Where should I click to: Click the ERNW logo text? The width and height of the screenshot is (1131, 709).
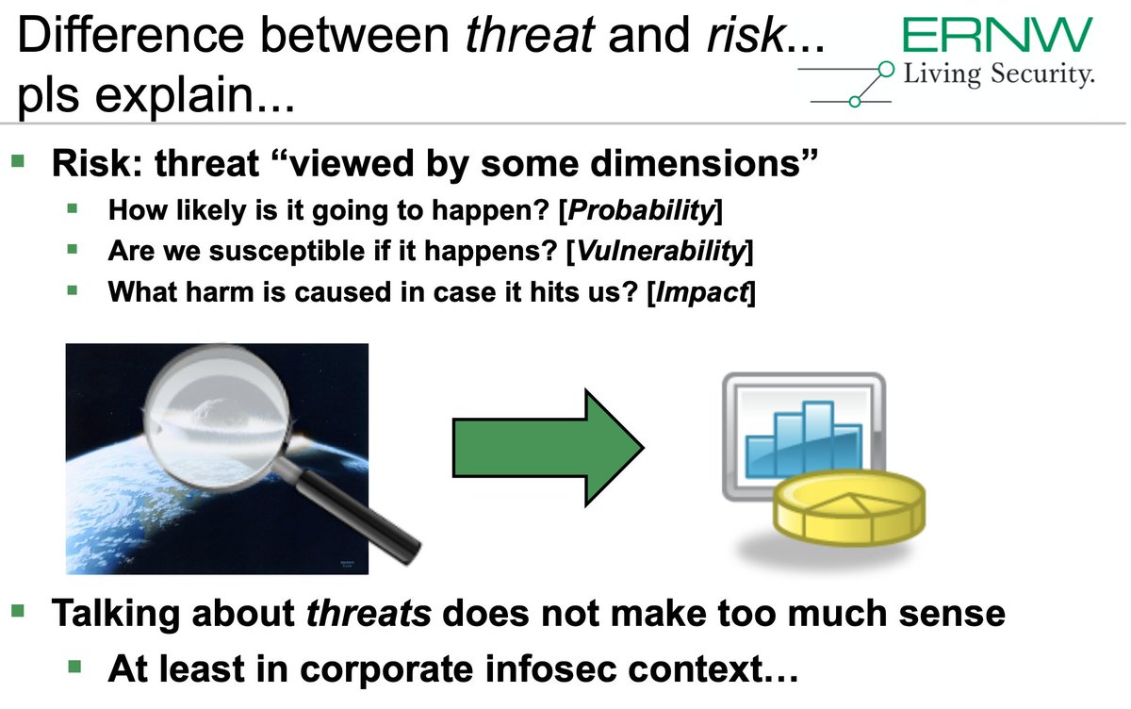click(997, 34)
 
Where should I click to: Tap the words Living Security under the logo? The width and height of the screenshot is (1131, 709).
click(999, 74)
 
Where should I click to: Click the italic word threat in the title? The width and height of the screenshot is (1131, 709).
click(530, 35)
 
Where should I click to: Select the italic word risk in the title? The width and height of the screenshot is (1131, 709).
click(746, 35)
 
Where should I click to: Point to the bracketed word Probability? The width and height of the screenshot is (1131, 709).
click(641, 210)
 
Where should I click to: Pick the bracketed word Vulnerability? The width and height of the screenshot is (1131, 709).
click(660, 251)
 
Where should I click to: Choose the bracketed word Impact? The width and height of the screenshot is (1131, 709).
click(701, 292)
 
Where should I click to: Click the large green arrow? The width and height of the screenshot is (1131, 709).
click(548, 448)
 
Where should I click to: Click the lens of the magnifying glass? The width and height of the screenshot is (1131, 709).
click(217, 417)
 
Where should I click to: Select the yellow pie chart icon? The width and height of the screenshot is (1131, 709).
click(849, 507)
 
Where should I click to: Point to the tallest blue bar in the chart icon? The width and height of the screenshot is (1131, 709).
click(818, 438)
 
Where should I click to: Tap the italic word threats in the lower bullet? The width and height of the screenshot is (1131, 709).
click(369, 613)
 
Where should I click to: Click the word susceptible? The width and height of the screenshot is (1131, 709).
click(287, 251)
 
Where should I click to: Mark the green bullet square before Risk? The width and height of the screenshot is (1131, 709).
click(18, 161)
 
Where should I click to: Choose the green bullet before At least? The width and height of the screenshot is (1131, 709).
click(74, 667)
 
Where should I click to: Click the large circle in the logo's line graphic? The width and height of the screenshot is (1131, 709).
click(886, 70)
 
